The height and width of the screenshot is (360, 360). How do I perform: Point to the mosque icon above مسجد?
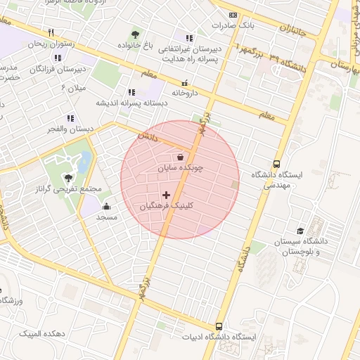[x=106, y=206]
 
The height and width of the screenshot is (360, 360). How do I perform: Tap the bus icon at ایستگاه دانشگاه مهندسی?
[x=276, y=162]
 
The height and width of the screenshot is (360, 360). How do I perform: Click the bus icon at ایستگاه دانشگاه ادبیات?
[x=219, y=326]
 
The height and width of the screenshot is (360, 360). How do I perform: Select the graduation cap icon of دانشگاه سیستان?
[x=300, y=231]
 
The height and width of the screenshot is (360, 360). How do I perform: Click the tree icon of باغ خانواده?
[x=135, y=34]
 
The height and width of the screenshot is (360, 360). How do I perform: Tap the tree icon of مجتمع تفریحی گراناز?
[x=68, y=178]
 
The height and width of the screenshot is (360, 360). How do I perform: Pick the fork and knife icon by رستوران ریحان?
[x=51, y=32]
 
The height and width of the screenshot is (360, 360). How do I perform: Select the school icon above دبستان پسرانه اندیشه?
[x=131, y=91]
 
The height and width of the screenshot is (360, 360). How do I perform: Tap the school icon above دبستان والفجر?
[x=70, y=118]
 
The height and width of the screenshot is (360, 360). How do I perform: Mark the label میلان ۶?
[x=73, y=87]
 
